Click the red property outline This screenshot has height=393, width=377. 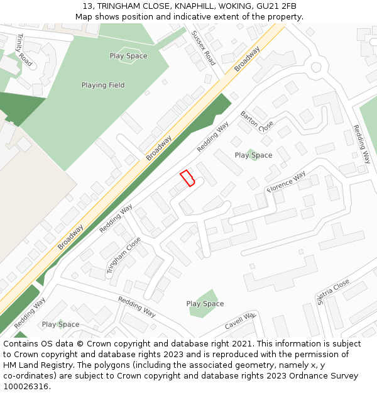click(187, 179)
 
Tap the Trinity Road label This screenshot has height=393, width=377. click(24, 50)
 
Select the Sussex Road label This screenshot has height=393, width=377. click(204, 48)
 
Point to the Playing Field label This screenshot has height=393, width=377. click(103, 85)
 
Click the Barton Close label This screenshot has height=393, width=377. click(257, 121)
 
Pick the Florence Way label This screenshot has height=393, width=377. click(287, 181)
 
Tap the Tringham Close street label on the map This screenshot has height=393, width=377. click(124, 256)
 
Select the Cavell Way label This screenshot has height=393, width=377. click(240, 321)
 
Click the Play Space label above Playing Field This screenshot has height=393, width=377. click(128, 56)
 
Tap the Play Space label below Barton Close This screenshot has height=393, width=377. click(253, 155)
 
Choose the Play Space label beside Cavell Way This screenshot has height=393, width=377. click(205, 304)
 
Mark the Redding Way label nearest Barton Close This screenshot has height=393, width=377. click(213, 137)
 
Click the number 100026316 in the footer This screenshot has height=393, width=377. click(26, 387)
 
